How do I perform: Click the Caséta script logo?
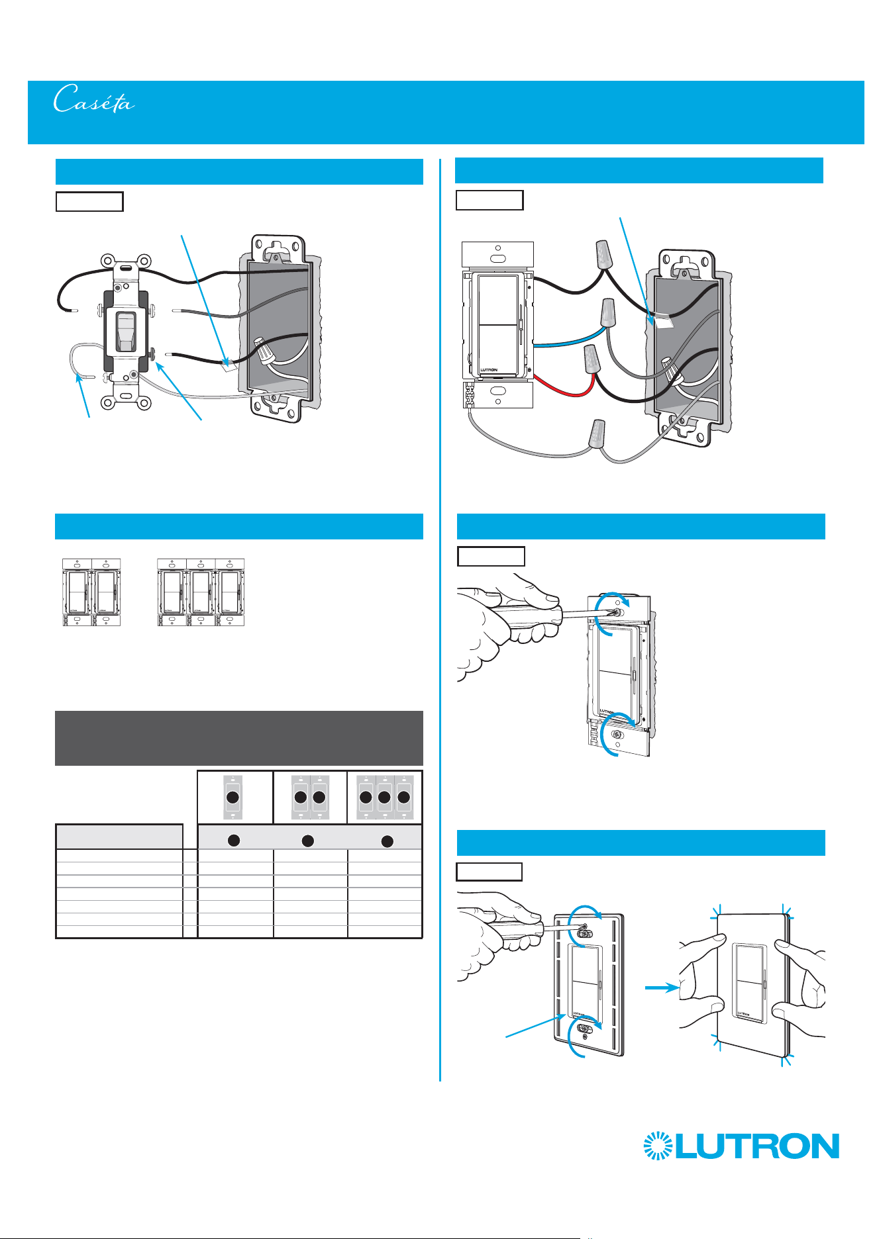click(x=94, y=99)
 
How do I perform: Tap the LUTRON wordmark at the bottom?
click(x=757, y=1146)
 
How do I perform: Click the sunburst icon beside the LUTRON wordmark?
click(x=658, y=1146)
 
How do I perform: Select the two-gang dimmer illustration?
click(x=91, y=592)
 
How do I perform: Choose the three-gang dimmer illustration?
click(x=201, y=592)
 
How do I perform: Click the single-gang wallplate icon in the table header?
click(x=232, y=797)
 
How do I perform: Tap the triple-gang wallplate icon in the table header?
click(x=384, y=797)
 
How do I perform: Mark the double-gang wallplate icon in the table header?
click(x=310, y=797)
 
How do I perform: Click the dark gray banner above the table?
click(x=238, y=738)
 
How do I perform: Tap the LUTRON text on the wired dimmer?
click(x=488, y=370)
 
